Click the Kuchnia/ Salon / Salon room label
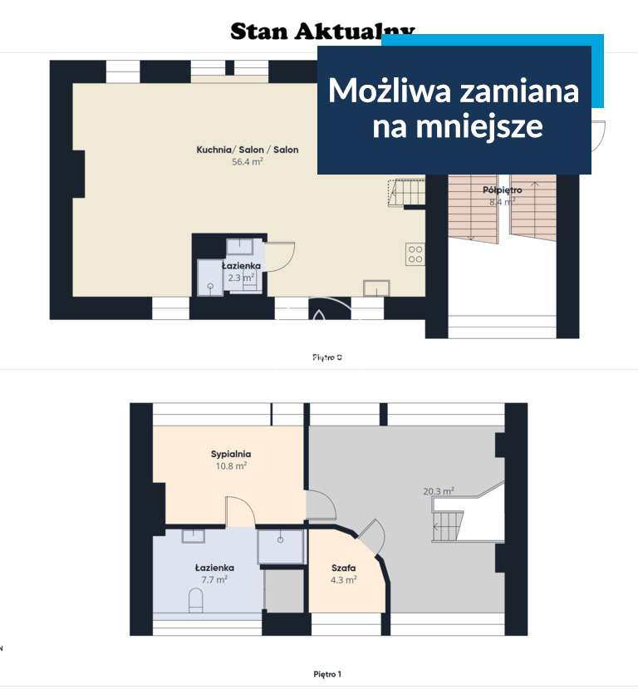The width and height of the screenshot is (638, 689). tap(248, 150)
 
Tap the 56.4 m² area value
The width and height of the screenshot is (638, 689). tap(248, 163)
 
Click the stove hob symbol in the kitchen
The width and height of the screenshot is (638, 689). tap(415, 254)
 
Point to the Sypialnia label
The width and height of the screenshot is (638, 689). tap(230, 455)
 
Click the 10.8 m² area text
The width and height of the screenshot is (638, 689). tap(230, 466)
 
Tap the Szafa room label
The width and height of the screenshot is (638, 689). tap(344, 568)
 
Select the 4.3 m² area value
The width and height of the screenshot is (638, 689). tap(344, 580)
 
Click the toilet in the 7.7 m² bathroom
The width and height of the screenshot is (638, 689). tap(197, 600)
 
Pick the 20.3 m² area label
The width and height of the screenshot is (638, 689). tap(438, 492)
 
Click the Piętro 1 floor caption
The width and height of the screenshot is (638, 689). tap(327, 673)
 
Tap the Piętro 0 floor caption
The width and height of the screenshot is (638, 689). tap(327, 357)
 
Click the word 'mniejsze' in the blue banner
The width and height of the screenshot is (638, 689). tap(457, 127)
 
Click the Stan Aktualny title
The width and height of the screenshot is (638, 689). tap(322, 31)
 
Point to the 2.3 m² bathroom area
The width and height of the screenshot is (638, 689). tap(242, 278)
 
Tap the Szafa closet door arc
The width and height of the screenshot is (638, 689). tap(373, 536)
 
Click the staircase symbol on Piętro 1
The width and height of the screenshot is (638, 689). tap(446, 526)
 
